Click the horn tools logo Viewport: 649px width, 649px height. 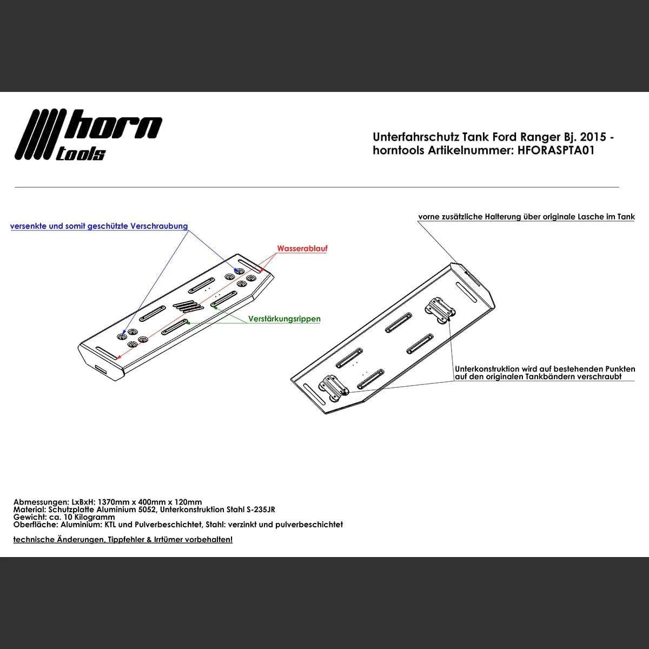pyautogui.click(x=88, y=135)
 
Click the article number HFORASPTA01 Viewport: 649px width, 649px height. pyautogui.click(x=556, y=151)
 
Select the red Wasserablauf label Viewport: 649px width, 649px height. pyautogui.click(x=302, y=249)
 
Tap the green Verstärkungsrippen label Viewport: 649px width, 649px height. pyautogui.click(x=284, y=319)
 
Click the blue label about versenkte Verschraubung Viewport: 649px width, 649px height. pyautogui.click(x=99, y=226)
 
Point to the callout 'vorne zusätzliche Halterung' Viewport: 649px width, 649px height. pyautogui.click(x=526, y=217)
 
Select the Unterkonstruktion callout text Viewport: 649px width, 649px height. pyautogui.click(x=545, y=373)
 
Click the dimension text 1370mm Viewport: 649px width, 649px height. pyautogui.click(x=115, y=502)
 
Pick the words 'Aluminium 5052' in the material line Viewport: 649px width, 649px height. pyautogui.click(x=128, y=509)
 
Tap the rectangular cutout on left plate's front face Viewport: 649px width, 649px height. pyautogui.click(x=101, y=369)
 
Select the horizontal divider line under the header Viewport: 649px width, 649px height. pyautogui.click(x=316, y=187)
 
